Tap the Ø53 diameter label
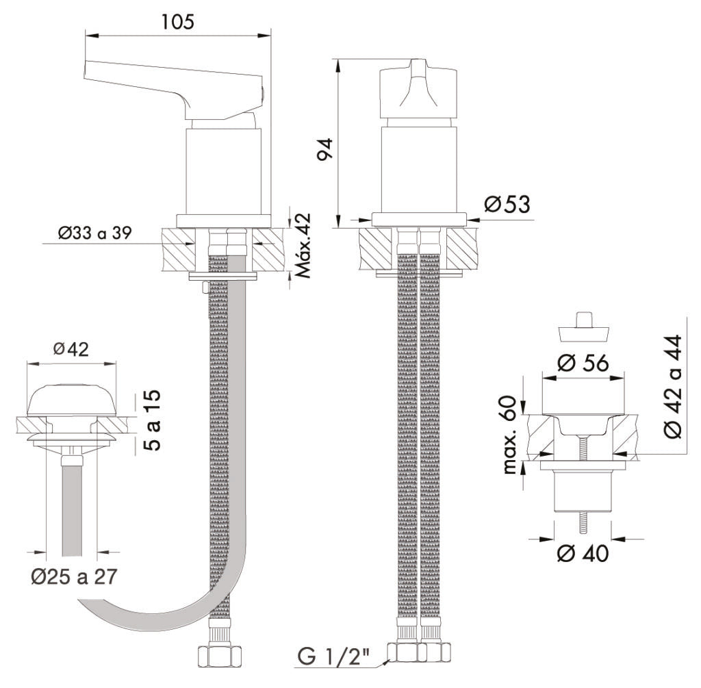507,203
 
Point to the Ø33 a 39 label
96,233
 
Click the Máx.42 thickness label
303,244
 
